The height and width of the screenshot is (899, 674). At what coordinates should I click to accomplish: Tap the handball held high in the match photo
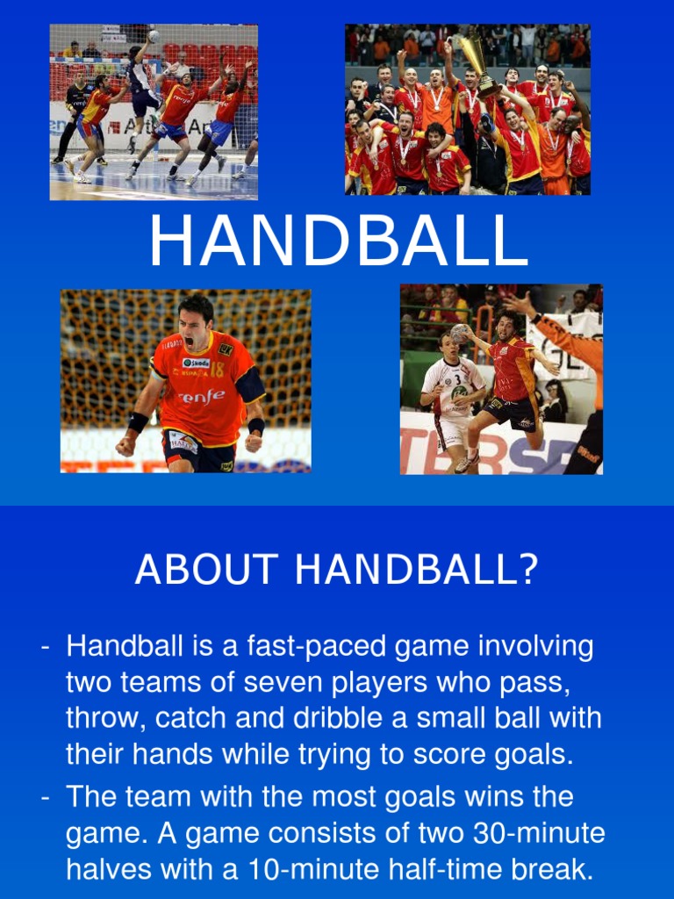[154, 36]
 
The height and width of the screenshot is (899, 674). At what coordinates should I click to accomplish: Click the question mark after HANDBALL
[527, 571]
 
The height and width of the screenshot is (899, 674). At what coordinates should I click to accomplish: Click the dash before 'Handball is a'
[45, 649]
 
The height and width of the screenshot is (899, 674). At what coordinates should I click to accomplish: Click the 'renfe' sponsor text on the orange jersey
[201, 396]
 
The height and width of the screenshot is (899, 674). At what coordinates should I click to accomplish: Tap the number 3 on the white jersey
[457, 380]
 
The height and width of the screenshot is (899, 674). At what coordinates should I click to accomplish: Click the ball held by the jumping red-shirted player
[461, 334]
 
